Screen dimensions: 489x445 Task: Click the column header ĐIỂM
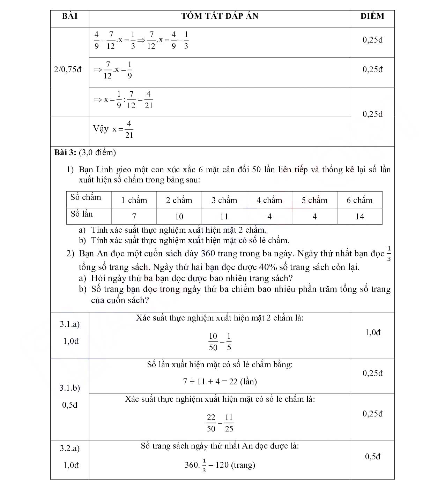coord(372,16)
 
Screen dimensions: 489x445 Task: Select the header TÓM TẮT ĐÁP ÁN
coord(220,16)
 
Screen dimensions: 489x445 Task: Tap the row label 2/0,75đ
coord(68,69)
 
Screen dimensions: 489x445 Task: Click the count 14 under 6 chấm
coord(359,217)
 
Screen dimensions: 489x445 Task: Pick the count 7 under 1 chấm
coord(134,217)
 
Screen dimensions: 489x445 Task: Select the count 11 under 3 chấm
coord(224,217)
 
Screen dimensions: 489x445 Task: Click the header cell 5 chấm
coord(314,200)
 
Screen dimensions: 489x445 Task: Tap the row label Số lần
coord(82,214)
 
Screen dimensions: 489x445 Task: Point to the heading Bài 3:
coord(65,152)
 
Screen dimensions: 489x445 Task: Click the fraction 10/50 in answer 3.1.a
coord(213,342)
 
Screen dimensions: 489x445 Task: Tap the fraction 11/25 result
coord(229,423)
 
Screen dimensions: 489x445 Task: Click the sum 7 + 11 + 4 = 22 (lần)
coord(220,382)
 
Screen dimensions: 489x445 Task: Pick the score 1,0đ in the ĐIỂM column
coord(372,332)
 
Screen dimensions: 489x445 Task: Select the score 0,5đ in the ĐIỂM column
coord(372,457)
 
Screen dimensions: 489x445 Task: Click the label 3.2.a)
coord(70,448)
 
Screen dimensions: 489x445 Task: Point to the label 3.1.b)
coord(70,388)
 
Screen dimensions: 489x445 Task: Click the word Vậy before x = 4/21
coord(101,129)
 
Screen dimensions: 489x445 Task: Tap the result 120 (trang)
coord(235,465)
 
